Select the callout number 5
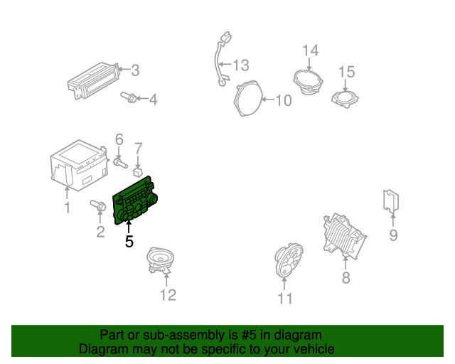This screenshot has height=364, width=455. pos(129,242)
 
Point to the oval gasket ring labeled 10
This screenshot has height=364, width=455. pos(248,99)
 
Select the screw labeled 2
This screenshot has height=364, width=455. pos(99,208)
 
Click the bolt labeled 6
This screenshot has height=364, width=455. pos(117,162)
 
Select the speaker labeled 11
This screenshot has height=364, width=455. pos(288,261)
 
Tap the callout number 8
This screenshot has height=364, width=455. pos(346,278)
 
